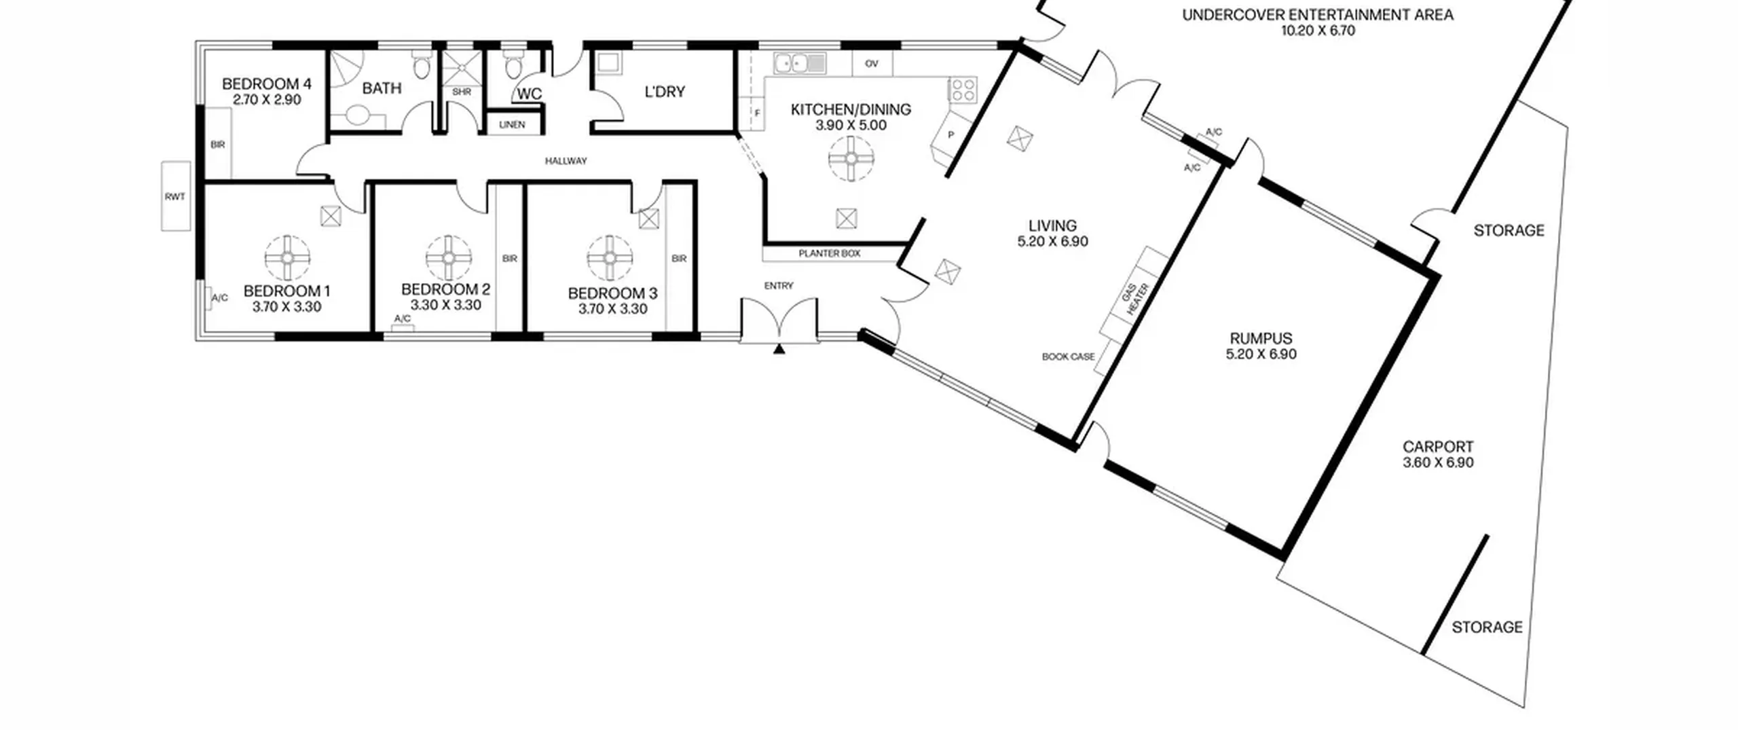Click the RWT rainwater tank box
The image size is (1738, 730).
click(175, 196)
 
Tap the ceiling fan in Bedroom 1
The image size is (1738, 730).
click(287, 258)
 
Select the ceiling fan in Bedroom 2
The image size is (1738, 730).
click(448, 258)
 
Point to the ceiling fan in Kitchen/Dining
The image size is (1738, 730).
click(851, 158)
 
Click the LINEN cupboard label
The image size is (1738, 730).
click(512, 125)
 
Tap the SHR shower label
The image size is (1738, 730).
click(462, 92)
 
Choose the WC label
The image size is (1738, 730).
click(530, 94)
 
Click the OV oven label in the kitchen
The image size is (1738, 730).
click(872, 64)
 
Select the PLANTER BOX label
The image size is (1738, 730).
click(830, 253)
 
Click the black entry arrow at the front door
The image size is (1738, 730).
click(779, 349)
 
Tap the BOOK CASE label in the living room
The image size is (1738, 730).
click(1069, 357)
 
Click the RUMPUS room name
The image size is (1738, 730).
click(1261, 338)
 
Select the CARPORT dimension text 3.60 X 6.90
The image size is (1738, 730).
click(1438, 462)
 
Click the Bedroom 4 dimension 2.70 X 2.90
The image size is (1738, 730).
click(267, 100)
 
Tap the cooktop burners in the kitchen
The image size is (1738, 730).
click(963, 90)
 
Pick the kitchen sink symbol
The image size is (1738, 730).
click(799, 63)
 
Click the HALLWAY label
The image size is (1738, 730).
click(566, 161)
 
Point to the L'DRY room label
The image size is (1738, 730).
click(665, 92)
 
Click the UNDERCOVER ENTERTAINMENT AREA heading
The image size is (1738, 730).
click(1318, 15)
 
